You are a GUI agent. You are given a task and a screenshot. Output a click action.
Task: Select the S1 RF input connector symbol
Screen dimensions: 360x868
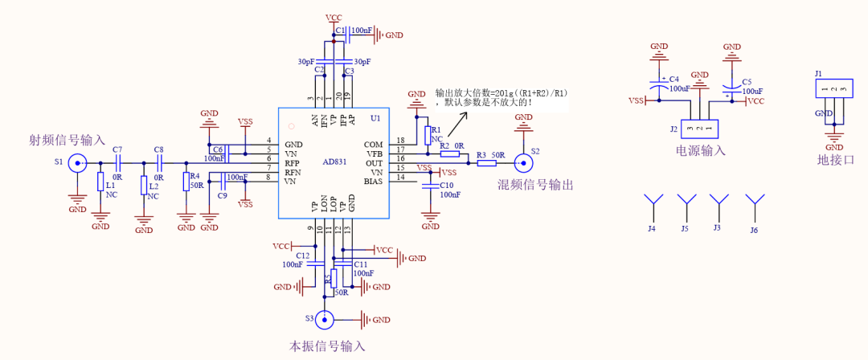(x=77, y=163)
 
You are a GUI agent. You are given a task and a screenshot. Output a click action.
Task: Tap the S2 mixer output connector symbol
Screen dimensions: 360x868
(x=522, y=163)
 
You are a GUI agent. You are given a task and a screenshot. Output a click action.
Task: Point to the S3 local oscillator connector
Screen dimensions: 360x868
(x=324, y=319)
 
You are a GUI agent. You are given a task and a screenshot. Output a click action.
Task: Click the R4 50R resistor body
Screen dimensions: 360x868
(x=186, y=181)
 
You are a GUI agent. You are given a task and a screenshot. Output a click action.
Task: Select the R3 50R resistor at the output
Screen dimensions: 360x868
(x=486, y=163)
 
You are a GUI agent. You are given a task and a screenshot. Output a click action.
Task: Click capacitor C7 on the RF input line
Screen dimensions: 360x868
(x=117, y=163)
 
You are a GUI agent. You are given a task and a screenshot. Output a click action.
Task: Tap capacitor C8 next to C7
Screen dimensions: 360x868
(x=158, y=163)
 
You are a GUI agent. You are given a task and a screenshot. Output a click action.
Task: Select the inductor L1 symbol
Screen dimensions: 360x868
(x=100, y=184)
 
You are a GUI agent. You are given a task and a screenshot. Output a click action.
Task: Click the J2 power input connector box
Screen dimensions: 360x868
(x=699, y=129)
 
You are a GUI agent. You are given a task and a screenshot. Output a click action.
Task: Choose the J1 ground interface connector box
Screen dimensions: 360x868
(x=834, y=88)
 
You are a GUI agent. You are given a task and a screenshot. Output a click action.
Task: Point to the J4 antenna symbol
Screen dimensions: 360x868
(x=653, y=204)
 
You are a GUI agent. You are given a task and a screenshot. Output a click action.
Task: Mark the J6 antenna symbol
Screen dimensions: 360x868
(x=753, y=204)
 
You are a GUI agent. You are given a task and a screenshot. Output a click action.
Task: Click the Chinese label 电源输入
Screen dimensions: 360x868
(x=701, y=150)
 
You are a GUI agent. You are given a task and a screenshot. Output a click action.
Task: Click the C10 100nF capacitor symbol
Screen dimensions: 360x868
(x=432, y=187)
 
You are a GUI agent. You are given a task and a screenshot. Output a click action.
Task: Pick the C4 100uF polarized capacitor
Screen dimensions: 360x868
(x=659, y=84)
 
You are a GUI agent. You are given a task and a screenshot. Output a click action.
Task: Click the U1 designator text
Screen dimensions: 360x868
(x=375, y=118)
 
